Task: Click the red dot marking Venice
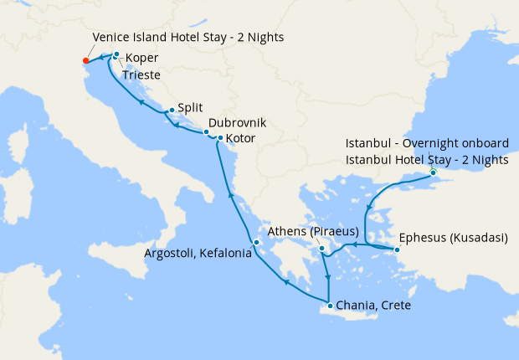tap(86, 60)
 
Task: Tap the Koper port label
tap(141, 59)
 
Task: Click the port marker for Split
tap(172, 110)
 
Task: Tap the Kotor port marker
tap(220, 137)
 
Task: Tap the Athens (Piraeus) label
tap(312, 231)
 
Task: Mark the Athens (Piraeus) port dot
tap(322, 248)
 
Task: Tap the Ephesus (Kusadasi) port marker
tap(397, 249)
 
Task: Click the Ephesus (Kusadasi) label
tap(453, 237)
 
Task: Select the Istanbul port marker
tap(433, 172)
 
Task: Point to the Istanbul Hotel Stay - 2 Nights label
tap(427, 159)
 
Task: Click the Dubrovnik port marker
tap(206, 132)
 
